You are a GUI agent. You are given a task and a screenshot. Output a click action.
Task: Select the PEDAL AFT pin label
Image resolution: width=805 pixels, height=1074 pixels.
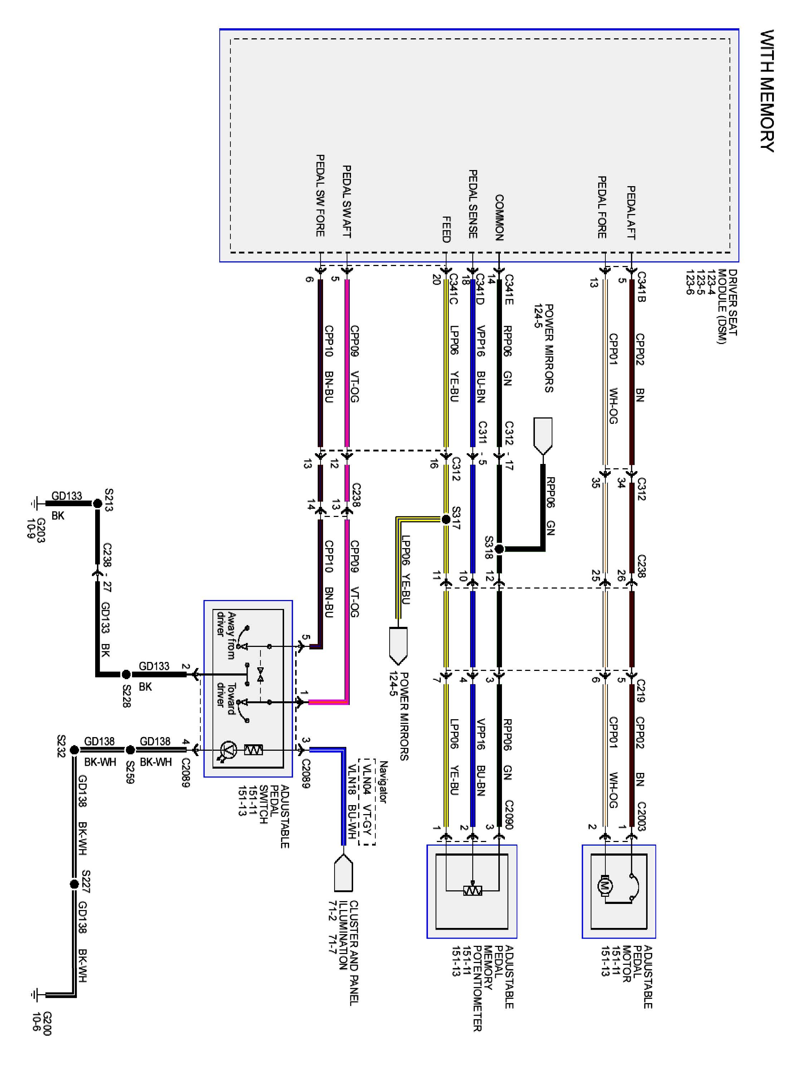(x=631, y=212)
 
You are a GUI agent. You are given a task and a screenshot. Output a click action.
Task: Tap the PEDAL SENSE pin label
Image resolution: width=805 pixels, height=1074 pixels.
(x=473, y=204)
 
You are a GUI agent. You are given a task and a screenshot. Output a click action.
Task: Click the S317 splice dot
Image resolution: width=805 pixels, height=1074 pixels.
(x=446, y=519)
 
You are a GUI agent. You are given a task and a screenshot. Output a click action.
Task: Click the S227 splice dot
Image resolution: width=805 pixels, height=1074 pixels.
(x=74, y=884)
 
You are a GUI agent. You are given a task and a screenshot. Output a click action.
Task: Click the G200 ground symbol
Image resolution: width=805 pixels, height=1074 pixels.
(x=35, y=995)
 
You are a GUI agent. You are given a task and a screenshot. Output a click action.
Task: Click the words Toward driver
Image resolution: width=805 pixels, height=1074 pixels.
(x=226, y=699)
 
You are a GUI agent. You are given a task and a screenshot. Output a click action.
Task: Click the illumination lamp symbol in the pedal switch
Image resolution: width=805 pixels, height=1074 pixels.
(x=228, y=750)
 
